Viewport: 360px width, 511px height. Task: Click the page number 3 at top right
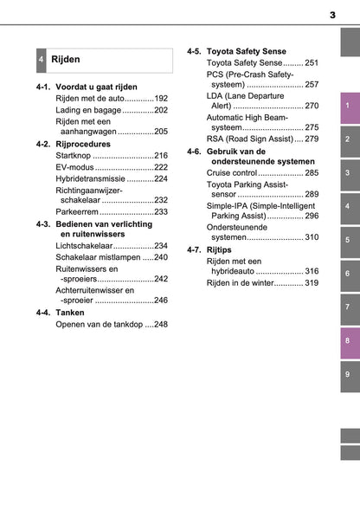332,15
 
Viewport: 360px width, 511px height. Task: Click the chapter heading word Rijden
66,60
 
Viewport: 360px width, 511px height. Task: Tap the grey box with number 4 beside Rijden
41,61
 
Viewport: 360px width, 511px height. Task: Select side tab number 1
346,107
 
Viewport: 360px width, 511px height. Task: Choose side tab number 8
346,340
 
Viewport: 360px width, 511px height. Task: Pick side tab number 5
346,240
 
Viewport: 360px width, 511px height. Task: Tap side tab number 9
346,374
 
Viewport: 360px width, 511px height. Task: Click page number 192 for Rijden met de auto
160,100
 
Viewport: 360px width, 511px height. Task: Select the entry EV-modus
74,167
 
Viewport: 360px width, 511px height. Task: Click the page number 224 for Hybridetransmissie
160,178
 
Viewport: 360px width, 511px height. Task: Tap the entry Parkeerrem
77,211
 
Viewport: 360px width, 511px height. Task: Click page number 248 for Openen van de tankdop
160,324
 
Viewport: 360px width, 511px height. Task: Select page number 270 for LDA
312,106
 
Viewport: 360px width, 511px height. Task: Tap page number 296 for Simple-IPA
312,216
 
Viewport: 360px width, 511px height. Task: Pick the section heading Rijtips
220,250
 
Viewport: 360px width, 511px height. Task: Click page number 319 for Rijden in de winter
312,283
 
